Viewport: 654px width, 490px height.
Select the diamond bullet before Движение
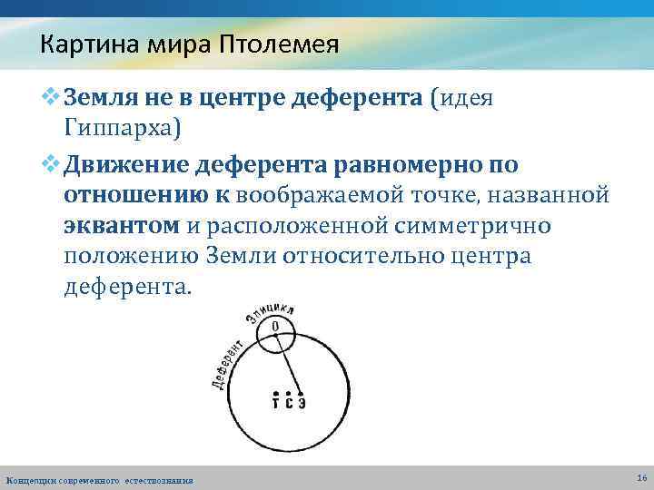click(x=52, y=164)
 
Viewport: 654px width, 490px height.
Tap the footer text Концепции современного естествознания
click(x=99, y=479)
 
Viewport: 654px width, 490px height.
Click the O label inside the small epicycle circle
click(x=274, y=326)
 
